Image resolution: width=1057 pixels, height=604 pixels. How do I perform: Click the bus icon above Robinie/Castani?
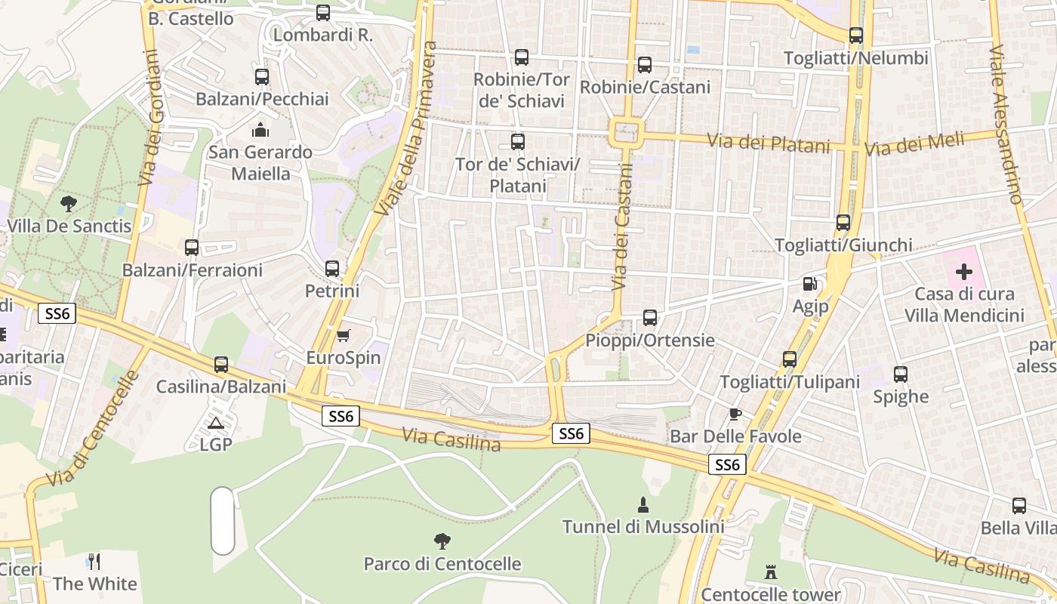coord(644,65)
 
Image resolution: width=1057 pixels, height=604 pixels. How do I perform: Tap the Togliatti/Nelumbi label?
coord(855,58)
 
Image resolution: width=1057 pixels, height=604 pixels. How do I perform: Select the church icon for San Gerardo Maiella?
coord(260,131)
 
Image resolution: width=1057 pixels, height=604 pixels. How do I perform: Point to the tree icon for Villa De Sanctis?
coord(69,203)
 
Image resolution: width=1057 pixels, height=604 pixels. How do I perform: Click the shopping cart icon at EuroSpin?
coord(344,335)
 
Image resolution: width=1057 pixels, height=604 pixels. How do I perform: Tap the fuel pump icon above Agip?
coord(810,285)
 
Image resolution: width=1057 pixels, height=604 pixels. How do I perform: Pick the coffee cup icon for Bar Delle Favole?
coord(735,414)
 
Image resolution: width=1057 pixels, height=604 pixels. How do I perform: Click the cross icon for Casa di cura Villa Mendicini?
coord(964,272)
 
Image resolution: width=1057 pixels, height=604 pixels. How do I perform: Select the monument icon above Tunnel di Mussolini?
coord(643,504)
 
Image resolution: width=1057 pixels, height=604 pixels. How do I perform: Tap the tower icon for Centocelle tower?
coord(770,572)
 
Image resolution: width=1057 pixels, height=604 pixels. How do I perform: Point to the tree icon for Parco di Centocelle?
coord(442,541)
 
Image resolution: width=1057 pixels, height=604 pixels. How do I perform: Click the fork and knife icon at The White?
coord(94,561)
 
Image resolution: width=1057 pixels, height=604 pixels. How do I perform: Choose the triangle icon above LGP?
coord(216,423)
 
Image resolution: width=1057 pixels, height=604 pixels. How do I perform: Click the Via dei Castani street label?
coord(621,226)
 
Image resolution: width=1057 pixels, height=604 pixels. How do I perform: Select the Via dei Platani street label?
coord(769,143)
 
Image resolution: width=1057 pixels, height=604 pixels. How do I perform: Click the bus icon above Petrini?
coord(332,269)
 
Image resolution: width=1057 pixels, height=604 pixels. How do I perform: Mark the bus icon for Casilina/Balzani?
coord(221,365)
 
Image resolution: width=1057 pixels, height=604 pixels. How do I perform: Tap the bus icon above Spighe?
coord(901,374)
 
